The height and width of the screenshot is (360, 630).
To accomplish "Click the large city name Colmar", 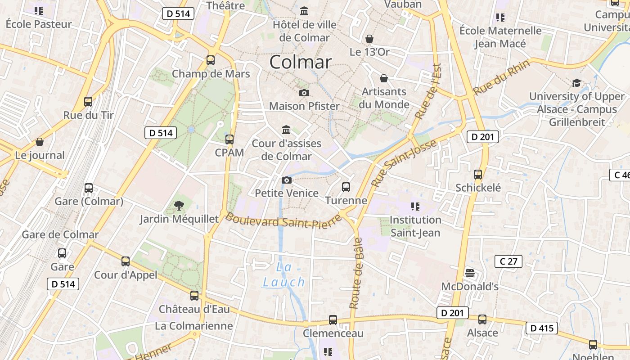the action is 300,62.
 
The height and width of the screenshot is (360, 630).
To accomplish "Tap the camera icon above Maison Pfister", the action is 304,93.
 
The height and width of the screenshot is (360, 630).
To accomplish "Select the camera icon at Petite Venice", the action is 286,180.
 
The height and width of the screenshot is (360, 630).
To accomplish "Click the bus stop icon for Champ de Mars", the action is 210,60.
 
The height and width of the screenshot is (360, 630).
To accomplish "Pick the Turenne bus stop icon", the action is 346,187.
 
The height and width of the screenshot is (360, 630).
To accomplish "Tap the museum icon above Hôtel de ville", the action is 304,11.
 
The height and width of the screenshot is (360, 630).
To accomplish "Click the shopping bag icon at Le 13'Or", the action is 369,39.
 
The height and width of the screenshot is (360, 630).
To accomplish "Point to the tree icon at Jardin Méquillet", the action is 179,206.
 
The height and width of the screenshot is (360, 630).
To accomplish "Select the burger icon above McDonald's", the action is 470,273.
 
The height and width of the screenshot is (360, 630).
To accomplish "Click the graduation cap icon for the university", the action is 576,83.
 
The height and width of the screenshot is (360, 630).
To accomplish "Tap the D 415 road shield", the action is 542,328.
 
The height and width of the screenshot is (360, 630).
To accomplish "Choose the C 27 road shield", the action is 508,261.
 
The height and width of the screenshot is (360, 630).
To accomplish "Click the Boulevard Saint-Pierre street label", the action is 277,221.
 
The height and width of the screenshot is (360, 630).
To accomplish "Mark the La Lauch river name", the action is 284,274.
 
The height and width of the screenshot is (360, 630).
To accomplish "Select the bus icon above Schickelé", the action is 478,174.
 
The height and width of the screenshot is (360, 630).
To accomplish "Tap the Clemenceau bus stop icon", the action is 333,319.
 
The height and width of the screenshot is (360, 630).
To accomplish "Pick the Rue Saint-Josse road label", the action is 404,163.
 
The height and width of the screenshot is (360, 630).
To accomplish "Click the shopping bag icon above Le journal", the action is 40,142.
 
